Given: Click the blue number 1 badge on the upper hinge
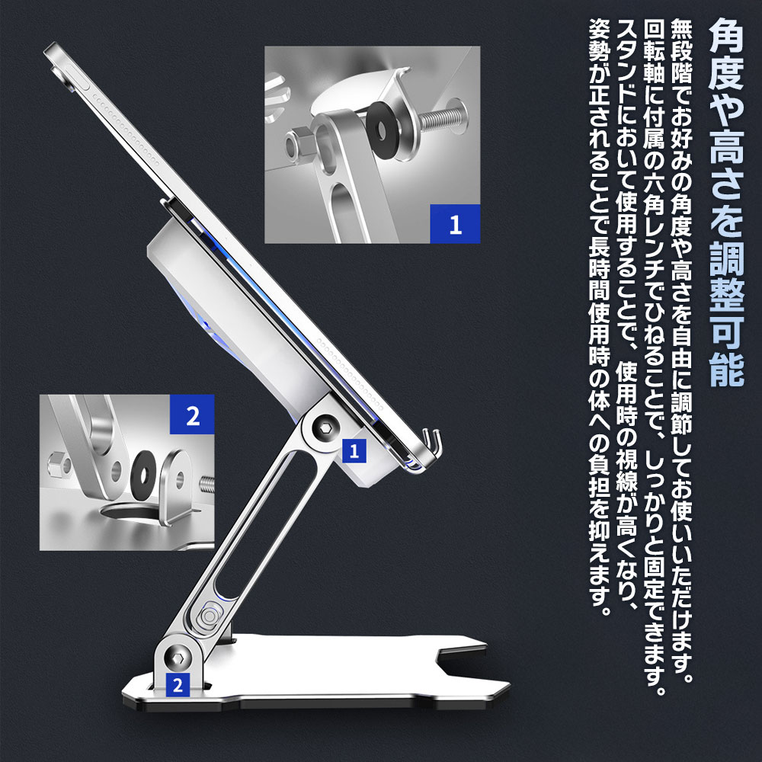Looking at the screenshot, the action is pyautogui.click(x=354, y=451).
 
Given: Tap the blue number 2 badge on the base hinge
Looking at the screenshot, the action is pyautogui.click(x=178, y=684).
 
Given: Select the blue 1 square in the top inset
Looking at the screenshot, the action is pyautogui.click(x=455, y=224).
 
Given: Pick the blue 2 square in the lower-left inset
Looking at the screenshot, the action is pyautogui.click(x=193, y=415).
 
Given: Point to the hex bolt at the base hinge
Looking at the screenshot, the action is pyautogui.click(x=176, y=658).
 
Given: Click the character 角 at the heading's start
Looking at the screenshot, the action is pyautogui.click(x=726, y=36).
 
